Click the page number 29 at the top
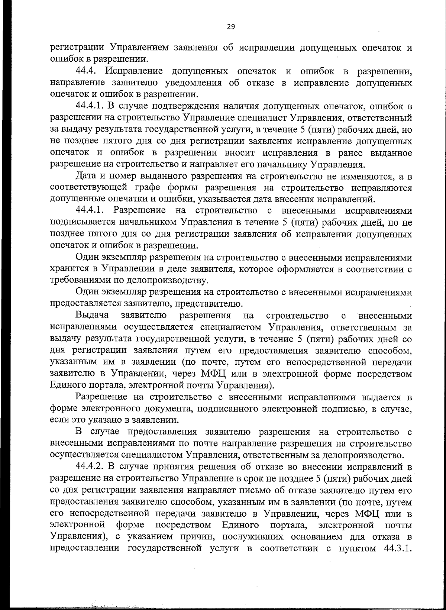231,26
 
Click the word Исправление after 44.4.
134,71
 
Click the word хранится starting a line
64,269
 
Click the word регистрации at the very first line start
77,48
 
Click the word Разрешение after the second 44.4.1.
139,211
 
